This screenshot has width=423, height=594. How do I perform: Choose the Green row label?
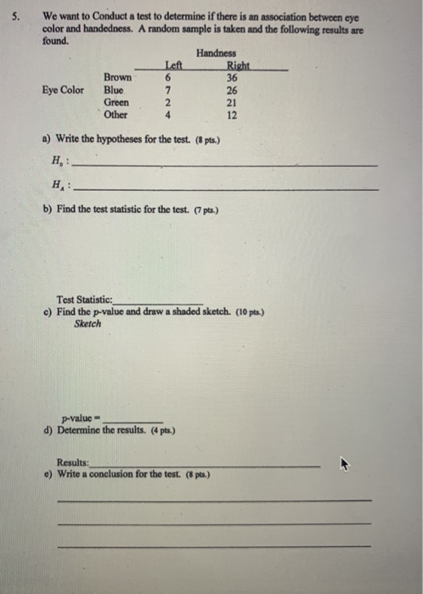(116, 102)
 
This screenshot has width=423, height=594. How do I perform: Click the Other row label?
(116, 115)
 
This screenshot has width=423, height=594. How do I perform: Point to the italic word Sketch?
(87, 323)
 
